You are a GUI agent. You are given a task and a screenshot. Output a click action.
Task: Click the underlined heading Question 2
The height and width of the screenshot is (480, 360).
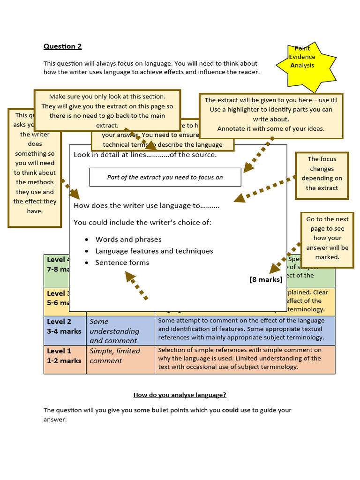point(62,46)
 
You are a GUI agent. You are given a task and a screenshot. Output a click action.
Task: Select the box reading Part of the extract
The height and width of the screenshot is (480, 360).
point(165,177)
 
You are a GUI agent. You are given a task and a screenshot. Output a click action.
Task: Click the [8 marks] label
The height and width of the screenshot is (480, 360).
point(266,279)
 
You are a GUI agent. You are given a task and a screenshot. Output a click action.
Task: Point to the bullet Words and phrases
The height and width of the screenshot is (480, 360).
point(128,239)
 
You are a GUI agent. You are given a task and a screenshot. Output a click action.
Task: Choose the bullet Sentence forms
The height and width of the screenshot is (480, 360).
point(122,262)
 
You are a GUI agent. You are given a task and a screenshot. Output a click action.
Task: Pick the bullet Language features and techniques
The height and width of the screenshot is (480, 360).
point(154,251)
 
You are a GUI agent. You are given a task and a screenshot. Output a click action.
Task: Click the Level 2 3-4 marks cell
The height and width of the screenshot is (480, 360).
point(65,326)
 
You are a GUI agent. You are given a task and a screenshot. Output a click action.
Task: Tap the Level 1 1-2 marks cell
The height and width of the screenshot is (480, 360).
point(65,356)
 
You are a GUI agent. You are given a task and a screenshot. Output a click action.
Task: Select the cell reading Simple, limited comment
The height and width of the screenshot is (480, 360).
point(115,356)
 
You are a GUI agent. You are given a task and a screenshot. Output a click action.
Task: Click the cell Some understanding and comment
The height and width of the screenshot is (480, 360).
point(115,331)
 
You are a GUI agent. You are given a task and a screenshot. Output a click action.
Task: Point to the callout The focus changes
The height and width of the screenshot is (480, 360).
point(322,173)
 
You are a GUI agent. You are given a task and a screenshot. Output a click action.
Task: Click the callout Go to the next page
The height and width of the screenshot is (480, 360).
point(327,238)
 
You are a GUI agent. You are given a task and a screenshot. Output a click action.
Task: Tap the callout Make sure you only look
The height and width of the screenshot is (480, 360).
point(107,111)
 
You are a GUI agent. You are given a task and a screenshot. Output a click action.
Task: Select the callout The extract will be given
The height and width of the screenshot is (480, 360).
point(270,114)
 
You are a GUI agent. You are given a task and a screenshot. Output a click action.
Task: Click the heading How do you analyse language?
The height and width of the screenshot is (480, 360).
point(180,395)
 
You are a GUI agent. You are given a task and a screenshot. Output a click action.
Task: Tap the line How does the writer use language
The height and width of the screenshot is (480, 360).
point(146,205)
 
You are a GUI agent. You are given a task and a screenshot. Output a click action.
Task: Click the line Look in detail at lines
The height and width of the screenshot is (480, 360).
point(145,155)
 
